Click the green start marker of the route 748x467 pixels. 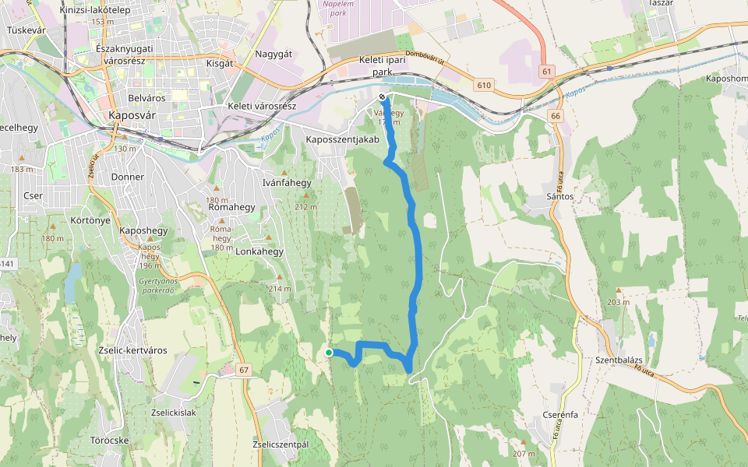coord(329,353)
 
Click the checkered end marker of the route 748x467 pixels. coord(383,97)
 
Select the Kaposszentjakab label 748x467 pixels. coord(342,139)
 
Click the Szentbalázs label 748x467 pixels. coord(618,360)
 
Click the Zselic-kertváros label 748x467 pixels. coord(133,350)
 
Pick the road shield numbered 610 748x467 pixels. coord(484,85)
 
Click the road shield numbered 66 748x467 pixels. coord(555,115)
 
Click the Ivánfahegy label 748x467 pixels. coord(288,183)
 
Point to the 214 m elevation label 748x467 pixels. coord(280,289)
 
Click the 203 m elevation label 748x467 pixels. coord(619,302)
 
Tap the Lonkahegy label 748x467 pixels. coord(259,252)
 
